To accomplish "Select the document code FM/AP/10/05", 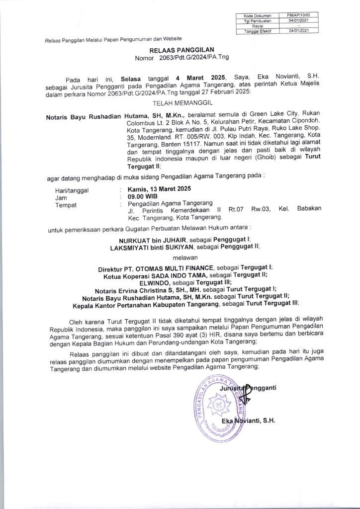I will click(298, 16).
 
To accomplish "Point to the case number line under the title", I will click(180, 58).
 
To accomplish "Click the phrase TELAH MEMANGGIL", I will click(180, 103).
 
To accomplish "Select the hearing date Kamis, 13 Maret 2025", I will click(159, 189).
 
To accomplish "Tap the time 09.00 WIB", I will click(142, 196).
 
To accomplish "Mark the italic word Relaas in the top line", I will click(52, 39).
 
